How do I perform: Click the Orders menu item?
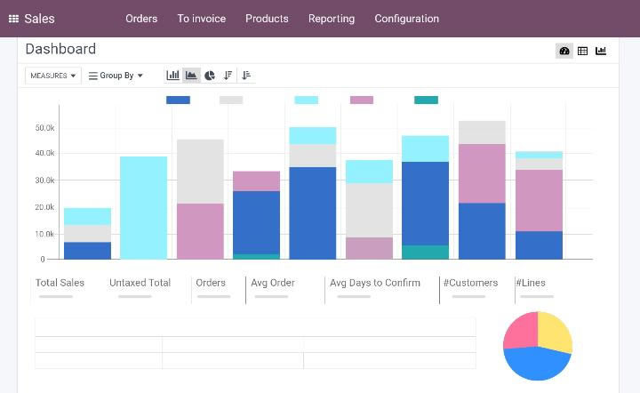click(x=141, y=19)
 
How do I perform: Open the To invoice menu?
click(x=201, y=19)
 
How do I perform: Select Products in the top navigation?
click(x=267, y=19)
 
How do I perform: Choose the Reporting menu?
click(x=332, y=19)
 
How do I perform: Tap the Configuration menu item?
click(x=406, y=19)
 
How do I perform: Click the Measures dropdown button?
click(x=52, y=76)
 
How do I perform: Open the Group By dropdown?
click(x=116, y=76)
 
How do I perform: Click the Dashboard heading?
click(x=60, y=49)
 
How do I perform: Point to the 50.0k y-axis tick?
click(x=44, y=128)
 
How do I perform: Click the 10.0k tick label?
click(x=44, y=234)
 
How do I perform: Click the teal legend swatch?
click(x=426, y=100)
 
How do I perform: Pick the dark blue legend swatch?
click(x=178, y=100)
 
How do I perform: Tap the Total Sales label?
click(x=60, y=283)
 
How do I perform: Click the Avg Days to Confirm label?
click(x=374, y=283)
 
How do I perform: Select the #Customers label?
click(x=471, y=283)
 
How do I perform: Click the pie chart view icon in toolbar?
click(x=210, y=76)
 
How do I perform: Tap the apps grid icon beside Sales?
click(x=14, y=19)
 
